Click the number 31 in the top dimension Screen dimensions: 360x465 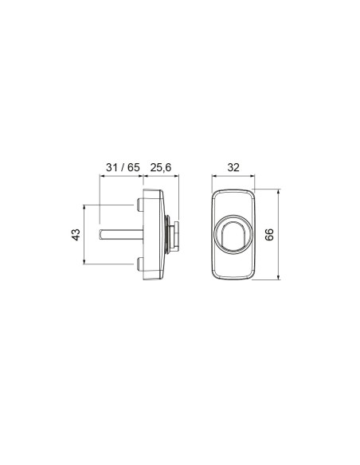tap(112, 167)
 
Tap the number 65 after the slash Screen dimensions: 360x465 tap(134, 167)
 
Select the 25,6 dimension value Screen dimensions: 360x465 tap(161, 168)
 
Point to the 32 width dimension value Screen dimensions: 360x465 tap(233, 167)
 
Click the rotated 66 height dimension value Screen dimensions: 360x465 tap(269, 235)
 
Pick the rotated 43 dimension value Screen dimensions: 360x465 tap(76, 235)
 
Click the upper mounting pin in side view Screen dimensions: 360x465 tap(140, 205)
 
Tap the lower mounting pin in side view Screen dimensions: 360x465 tap(140, 264)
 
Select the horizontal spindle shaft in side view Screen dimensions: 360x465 tap(121, 235)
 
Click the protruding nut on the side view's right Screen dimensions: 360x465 tap(175, 235)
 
